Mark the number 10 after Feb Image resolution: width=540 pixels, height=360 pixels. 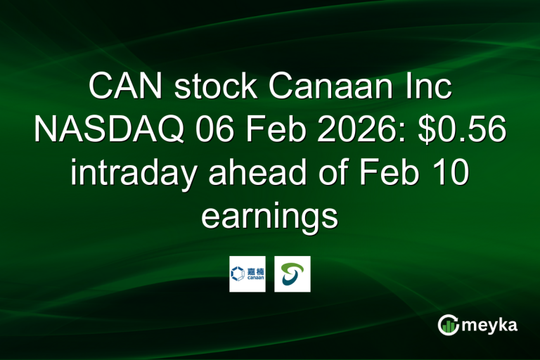450,173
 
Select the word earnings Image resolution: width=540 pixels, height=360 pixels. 269,215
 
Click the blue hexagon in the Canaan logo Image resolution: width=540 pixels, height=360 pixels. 238,269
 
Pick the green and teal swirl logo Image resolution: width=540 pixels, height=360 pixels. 292,274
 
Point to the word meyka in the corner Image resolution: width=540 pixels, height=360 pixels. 491,325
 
